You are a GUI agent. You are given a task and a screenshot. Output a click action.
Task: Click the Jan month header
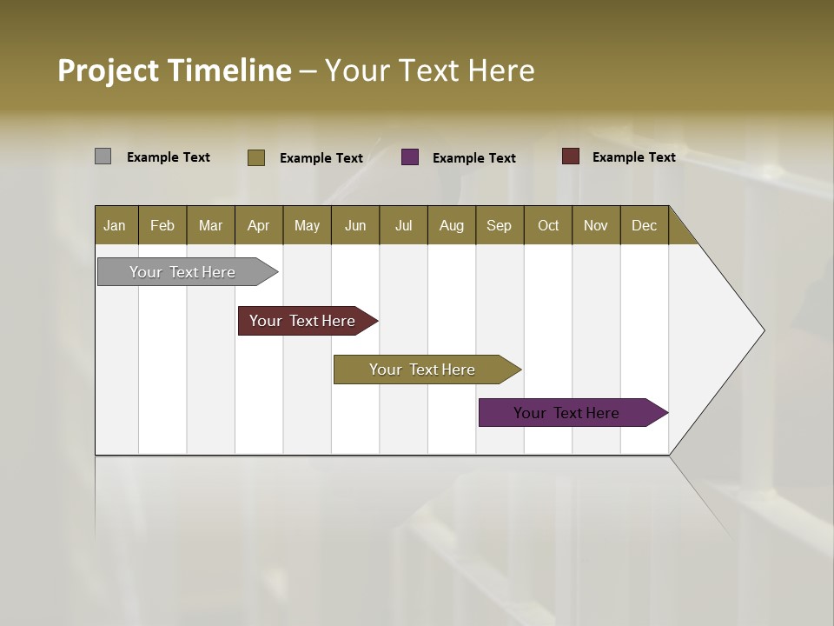(x=115, y=225)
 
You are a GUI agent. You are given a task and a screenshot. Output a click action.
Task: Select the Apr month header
(x=258, y=225)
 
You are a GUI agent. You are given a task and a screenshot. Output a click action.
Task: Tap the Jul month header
(x=403, y=225)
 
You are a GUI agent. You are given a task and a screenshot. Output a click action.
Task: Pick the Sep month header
(x=499, y=225)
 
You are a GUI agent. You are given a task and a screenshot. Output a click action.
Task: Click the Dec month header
(x=644, y=225)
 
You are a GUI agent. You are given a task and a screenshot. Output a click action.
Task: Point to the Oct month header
(x=548, y=225)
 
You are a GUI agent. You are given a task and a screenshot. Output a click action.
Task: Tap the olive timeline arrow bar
(x=423, y=370)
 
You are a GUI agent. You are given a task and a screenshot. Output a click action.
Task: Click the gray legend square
(x=103, y=156)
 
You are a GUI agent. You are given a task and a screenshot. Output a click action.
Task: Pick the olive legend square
(x=255, y=157)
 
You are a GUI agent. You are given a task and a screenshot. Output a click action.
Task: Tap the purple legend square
(x=410, y=157)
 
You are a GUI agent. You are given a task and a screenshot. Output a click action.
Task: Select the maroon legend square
(x=570, y=156)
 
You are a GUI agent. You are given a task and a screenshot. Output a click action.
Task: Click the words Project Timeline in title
(x=175, y=70)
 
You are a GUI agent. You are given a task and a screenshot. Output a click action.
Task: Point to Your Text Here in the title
(x=429, y=70)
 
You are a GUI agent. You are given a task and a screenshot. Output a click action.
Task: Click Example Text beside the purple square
(x=473, y=158)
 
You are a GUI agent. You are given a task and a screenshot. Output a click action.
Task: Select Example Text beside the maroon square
(x=633, y=157)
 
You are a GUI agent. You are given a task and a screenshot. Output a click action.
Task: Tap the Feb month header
(x=162, y=225)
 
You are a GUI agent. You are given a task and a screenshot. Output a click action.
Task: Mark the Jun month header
(x=355, y=225)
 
